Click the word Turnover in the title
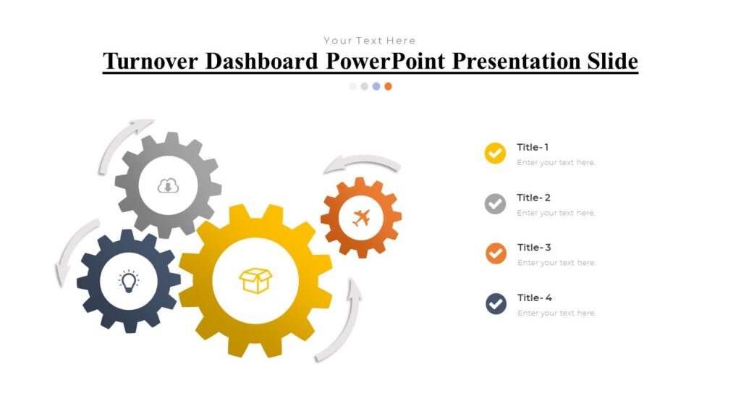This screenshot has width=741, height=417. coord(150,62)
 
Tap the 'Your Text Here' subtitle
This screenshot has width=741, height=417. coord(370,41)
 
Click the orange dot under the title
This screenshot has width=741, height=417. coord(388,86)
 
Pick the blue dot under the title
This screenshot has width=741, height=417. coord(376,86)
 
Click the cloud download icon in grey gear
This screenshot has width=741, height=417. coord(168,186)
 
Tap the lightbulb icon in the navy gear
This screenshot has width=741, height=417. coord(129,282)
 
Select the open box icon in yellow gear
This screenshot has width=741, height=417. coord(255,280)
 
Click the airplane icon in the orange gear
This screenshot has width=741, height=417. coord(361,217)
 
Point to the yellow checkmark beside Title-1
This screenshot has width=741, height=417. coord(495,153)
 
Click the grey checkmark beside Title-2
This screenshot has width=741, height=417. coord(495,204)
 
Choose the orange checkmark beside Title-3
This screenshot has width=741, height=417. coord(496,254)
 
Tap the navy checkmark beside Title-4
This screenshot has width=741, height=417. coord(496,304)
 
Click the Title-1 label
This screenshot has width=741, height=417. coord(533,147)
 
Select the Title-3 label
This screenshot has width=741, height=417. coord(534,248)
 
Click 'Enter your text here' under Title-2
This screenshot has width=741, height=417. coord(556,213)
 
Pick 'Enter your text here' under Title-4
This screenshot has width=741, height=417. coord(556,313)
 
